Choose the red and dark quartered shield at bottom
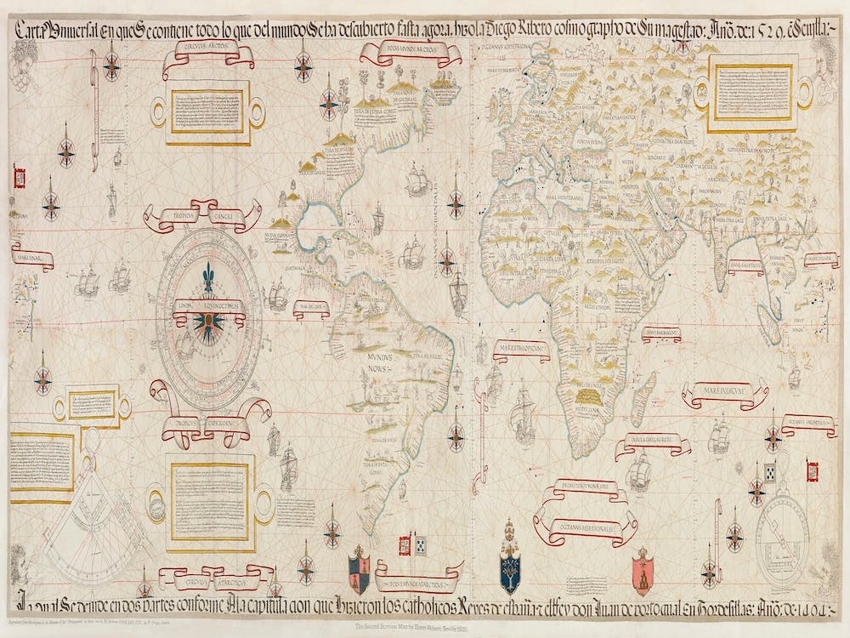click(x=360, y=567)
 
